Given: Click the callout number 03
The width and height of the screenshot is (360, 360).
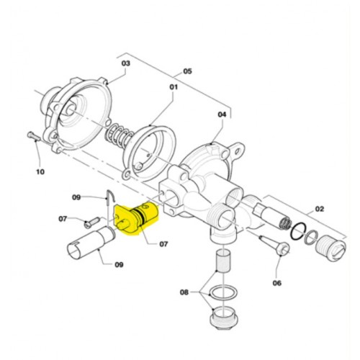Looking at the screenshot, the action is coord(125,63).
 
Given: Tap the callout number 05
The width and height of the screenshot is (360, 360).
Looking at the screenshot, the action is coord(187,71).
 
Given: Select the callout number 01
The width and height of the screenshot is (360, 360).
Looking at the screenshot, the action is coord(174,87).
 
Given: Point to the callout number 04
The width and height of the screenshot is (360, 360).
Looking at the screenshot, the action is coord(222,114).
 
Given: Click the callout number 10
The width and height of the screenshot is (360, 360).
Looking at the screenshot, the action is coord(40,172).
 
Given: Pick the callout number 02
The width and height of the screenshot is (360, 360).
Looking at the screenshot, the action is coord(319,209).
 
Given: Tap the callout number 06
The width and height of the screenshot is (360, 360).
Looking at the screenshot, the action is coord(276,283).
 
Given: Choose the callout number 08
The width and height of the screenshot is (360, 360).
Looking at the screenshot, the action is coord(184,292).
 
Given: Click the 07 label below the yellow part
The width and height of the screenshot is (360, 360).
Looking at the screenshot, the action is coord(163,244).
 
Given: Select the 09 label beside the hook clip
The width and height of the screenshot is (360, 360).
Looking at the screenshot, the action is coord(76,197).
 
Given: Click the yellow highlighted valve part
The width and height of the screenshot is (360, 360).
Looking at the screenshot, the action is coord(135,217).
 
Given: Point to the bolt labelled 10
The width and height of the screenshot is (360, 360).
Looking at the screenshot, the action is coord(33,136).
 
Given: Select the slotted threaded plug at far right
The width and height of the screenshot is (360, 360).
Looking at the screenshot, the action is coord(331,247).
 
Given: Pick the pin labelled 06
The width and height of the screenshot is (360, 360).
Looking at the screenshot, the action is coord(275,244).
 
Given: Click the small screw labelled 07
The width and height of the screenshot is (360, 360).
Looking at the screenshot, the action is coord(91,222).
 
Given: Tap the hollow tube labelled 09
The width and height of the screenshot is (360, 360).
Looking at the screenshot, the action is coord(90,243).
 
